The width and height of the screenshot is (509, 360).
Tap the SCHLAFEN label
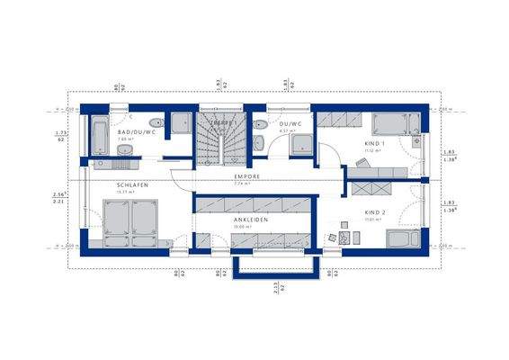coord(131,184)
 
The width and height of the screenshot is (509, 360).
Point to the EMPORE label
coord(247,176)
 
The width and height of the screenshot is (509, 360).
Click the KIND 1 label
coord(374,144)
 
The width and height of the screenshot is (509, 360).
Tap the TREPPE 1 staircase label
coord(223,122)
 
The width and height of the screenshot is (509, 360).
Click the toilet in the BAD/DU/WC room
coord(156,124)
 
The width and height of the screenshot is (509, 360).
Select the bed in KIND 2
coord(400,238)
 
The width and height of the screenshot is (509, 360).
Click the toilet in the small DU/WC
coord(261,125)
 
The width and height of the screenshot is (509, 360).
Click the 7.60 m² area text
coord(127,140)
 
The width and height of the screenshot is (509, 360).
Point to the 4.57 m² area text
coord(287,132)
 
